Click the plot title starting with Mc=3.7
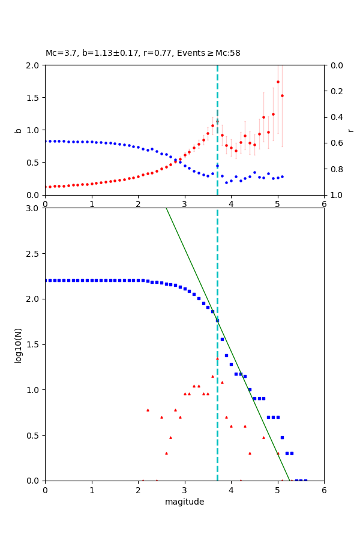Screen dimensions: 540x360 point(143,53)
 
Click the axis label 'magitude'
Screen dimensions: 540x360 point(184,502)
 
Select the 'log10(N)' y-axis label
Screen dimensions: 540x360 point(19,344)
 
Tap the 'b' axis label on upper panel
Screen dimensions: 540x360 point(19,130)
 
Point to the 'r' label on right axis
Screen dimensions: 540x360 point(350,130)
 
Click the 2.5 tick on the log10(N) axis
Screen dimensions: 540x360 point(34,254)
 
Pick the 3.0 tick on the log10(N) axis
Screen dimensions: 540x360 point(34,208)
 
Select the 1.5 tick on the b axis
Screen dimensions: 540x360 point(34,98)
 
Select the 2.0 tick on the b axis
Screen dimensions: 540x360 point(34,65)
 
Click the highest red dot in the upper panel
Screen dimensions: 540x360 point(278,82)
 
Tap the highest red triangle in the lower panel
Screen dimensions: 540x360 point(217,358)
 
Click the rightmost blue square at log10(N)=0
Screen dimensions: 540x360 point(305,481)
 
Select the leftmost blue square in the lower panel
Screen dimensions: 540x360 point(46,280)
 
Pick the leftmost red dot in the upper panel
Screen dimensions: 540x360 point(46,187)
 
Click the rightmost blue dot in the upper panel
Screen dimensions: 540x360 point(282,176)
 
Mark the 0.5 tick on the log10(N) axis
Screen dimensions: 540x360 point(34,436)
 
